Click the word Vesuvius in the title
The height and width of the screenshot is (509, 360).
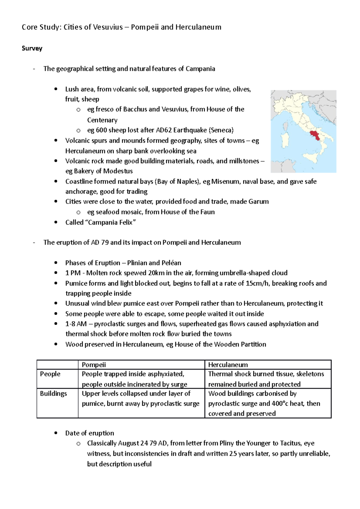pos(108,27)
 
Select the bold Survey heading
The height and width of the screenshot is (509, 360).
pos(32,48)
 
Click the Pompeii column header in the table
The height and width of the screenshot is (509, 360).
pos(94,365)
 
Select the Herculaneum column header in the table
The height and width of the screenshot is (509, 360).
pos(228,365)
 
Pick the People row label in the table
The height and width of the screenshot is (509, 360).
pos(50,374)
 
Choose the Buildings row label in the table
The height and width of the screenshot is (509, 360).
pos(53,393)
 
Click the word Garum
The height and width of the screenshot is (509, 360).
pos(258,201)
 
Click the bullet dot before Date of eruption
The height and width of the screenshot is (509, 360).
pos(56,433)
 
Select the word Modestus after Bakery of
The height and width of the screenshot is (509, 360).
pos(118,171)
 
